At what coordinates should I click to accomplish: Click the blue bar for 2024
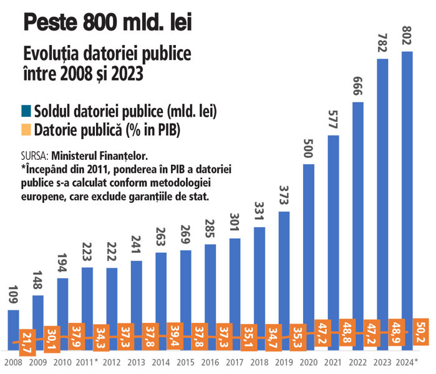407,187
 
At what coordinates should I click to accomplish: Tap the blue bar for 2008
13,325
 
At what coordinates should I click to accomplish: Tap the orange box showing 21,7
27,343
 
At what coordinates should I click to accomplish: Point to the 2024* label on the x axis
409,363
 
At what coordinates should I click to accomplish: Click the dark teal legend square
27,112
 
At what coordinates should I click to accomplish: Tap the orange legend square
27,130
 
